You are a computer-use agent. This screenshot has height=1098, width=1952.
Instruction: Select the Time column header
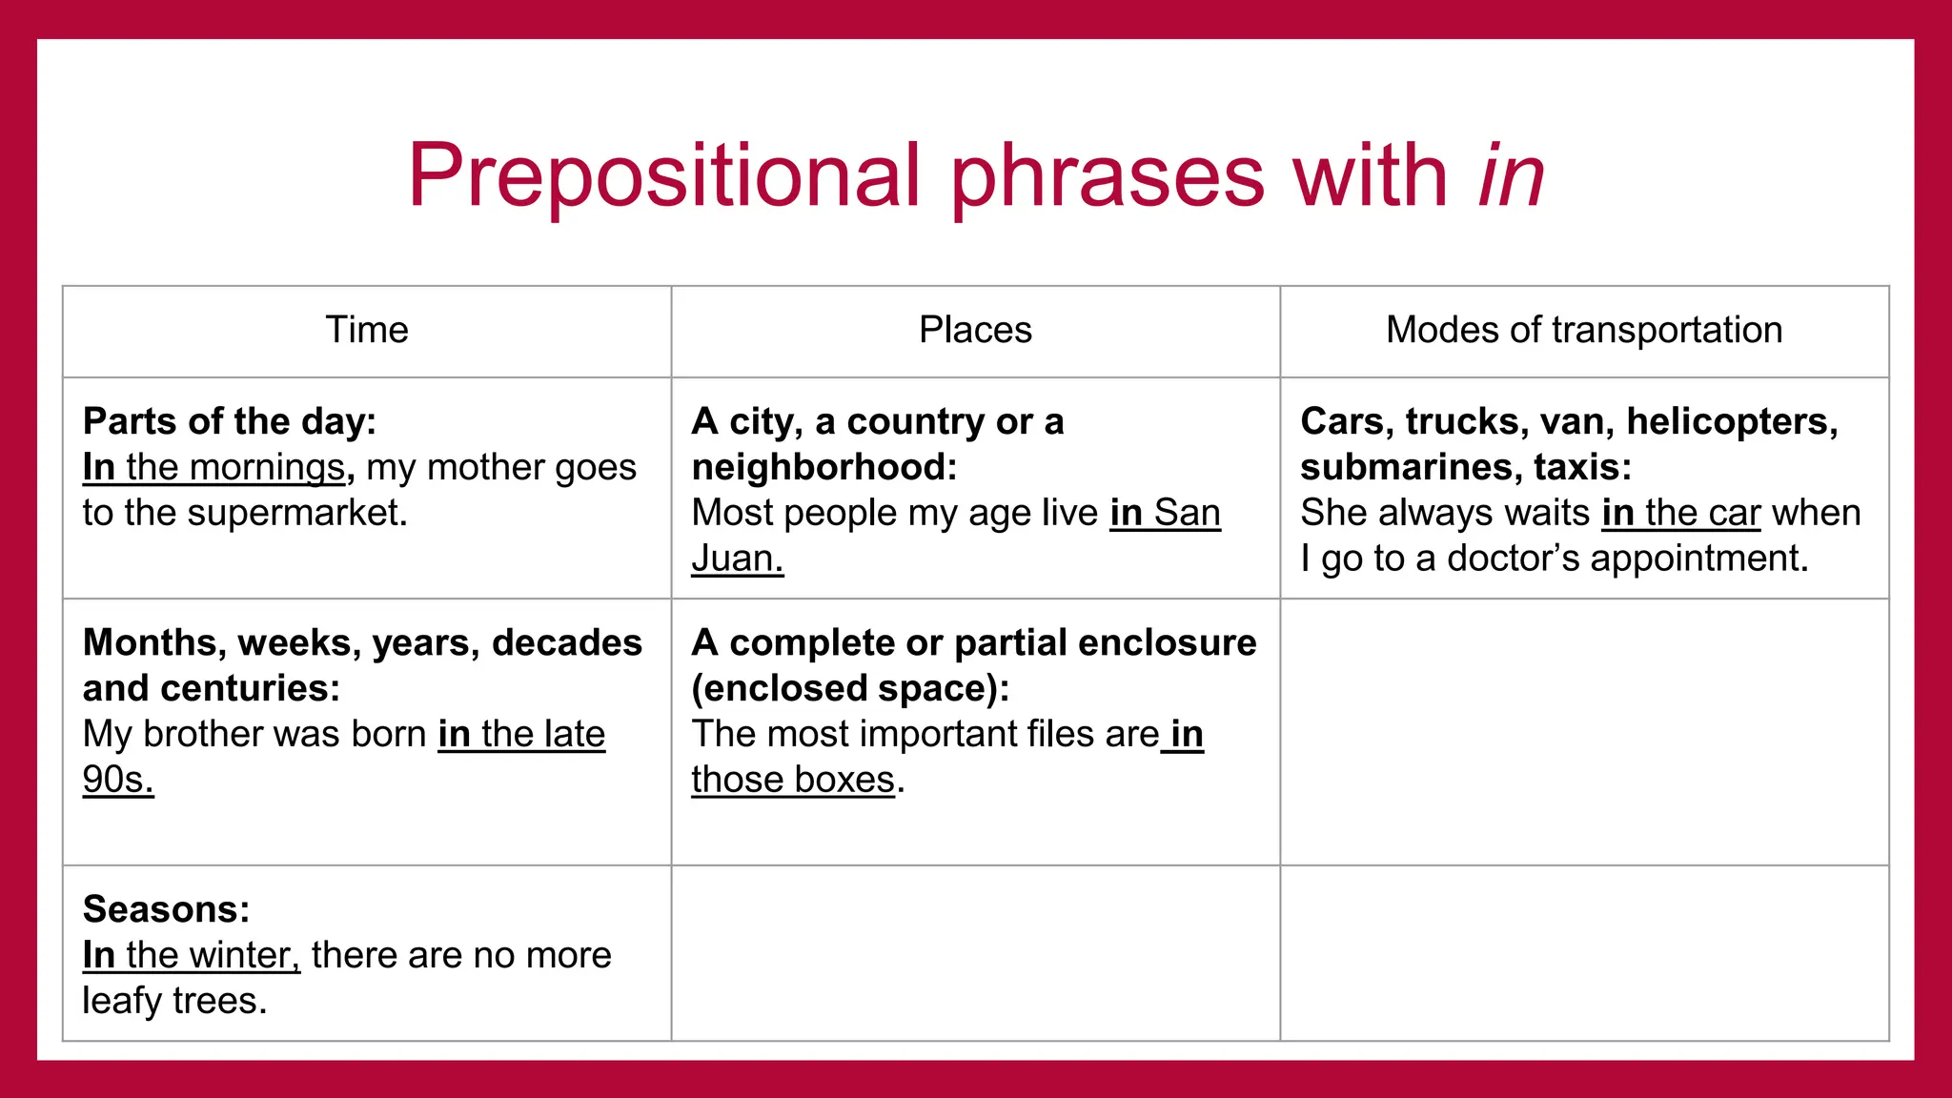(367, 330)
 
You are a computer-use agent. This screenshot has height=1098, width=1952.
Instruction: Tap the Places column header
(975, 330)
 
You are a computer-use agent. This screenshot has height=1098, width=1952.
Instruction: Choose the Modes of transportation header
(1583, 330)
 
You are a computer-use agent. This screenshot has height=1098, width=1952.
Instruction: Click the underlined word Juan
(736, 559)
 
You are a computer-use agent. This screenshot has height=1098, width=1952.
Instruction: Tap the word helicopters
(1730, 422)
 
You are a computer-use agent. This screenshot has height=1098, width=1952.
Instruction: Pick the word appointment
(1697, 559)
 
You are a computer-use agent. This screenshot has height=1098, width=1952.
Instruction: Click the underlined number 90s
(117, 780)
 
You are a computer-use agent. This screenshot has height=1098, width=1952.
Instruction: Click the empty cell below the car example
(1583, 732)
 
